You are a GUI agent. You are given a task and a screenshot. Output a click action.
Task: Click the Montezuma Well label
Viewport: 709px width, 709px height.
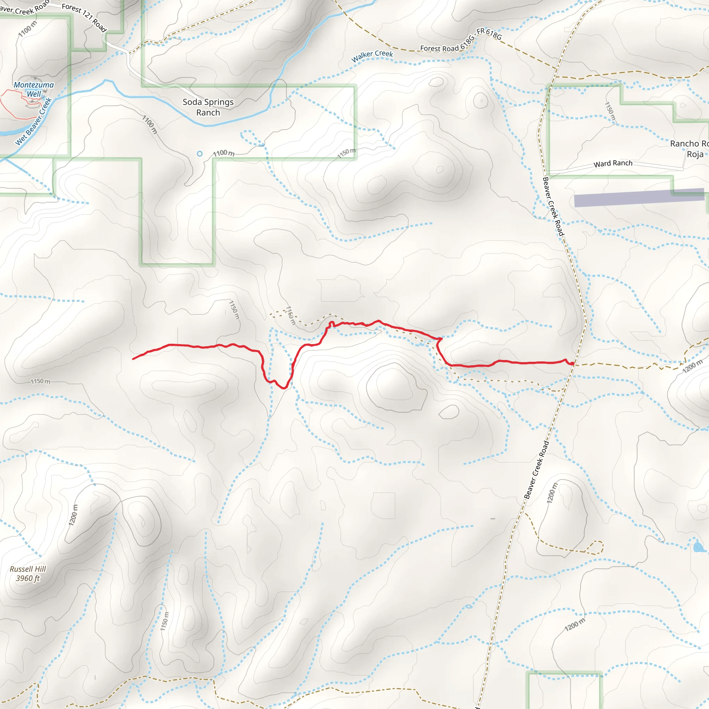(x=34, y=89)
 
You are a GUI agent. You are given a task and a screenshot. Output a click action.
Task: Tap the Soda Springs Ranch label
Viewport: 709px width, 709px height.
(x=208, y=107)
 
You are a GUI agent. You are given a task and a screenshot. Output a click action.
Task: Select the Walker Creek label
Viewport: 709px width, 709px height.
(x=372, y=56)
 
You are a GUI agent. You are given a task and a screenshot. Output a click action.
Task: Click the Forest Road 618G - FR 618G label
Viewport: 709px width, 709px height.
(x=460, y=41)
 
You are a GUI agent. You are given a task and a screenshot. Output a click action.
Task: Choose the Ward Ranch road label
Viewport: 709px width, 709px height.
(x=613, y=163)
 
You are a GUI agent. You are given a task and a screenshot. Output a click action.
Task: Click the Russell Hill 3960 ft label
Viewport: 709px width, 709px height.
(x=28, y=574)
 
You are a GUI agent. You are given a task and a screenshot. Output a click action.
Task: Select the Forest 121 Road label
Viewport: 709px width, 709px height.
(x=84, y=17)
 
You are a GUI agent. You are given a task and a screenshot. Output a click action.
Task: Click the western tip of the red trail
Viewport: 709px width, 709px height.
(x=133, y=359)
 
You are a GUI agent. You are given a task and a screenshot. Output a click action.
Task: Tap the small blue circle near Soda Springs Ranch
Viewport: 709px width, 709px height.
(x=200, y=154)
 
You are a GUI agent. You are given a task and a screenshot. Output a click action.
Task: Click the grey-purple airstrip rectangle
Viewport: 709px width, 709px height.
(x=638, y=198)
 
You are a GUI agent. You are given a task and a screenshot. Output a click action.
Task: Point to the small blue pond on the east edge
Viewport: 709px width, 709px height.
(x=698, y=547)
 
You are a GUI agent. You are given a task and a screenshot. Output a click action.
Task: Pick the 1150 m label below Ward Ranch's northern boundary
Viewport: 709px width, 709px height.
(x=610, y=111)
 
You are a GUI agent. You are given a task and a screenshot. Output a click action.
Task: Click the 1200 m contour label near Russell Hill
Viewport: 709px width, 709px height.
(x=73, y=515)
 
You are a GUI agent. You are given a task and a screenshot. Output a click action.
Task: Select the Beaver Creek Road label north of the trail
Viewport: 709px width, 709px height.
(x=553, y=207)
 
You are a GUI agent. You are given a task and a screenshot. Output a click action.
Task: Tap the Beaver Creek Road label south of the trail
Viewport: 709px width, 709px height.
(x=537, y=470)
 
